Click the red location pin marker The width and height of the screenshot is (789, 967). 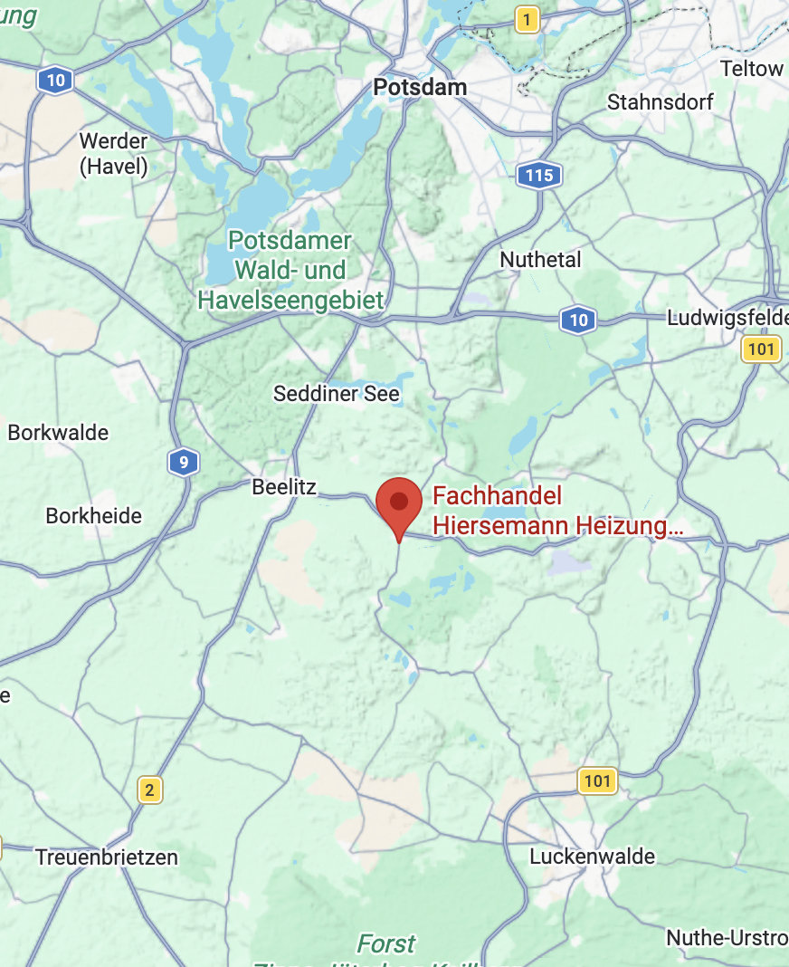point(399,503)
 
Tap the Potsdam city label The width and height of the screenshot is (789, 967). point(420,88)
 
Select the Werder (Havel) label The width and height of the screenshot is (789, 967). point(113,153)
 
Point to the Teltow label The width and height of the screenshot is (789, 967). point(752,69)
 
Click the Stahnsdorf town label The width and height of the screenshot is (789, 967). point(660,101)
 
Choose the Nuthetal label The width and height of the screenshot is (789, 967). point(541,260)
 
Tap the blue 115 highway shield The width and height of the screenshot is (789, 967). point(539,175)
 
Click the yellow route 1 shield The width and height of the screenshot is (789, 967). point(528,19)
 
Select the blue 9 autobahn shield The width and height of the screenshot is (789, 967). point(184,464)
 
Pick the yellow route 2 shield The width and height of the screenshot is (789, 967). point(150,790)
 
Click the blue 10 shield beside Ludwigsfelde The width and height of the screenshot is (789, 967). point(578,319)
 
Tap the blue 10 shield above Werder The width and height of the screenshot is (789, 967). point(56,81)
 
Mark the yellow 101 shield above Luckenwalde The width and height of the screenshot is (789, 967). point(596,780)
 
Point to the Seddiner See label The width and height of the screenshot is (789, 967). point(337,394)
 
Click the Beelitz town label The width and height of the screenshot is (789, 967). point(284,487)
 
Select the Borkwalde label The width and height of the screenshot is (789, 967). point(58,433)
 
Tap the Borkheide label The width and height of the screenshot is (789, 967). point(94,516)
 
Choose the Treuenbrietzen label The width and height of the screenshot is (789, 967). point(107,857)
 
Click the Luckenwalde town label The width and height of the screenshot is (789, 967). point(593,856)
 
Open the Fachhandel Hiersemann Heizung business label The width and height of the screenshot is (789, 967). point(556,511)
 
